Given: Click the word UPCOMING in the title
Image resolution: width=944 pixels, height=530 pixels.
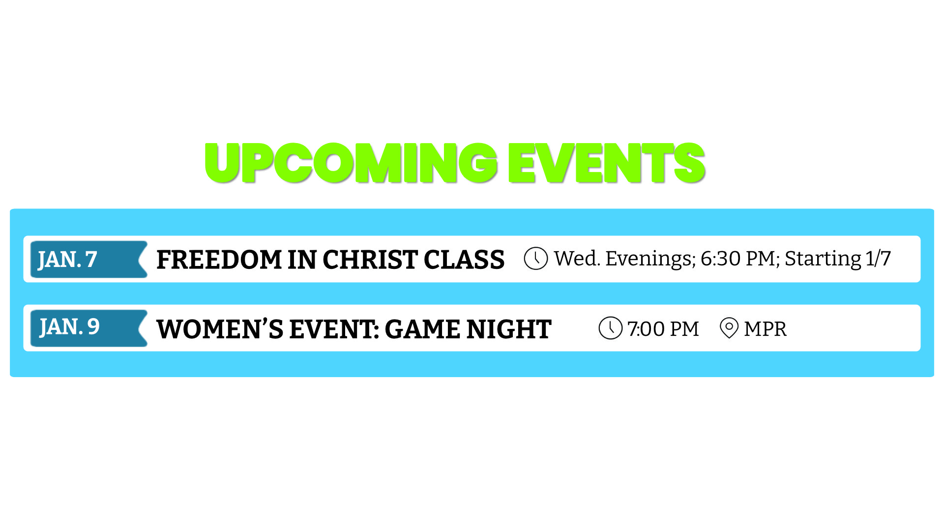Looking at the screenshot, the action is coord(352,163).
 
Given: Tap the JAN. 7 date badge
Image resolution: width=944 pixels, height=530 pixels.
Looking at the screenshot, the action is coord(88,259).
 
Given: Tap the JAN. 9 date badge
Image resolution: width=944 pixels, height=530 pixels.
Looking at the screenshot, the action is coord(88,328).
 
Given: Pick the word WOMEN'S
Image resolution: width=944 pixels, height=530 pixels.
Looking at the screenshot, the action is coord(220,329).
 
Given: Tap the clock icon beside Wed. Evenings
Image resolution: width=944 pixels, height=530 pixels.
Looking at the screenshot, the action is coord(536,258).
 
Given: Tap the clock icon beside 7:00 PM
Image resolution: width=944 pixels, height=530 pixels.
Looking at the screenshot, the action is coord(611,328).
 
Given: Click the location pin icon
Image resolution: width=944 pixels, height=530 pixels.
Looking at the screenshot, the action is coord(729,328).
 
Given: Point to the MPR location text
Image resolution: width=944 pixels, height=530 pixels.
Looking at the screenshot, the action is coord(765,329).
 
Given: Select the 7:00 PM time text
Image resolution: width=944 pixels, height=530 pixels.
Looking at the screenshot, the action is coord(663,329).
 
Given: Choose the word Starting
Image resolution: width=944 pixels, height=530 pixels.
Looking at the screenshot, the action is coord(823,259).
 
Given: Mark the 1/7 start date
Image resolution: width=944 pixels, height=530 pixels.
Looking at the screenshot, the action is coord(878,259).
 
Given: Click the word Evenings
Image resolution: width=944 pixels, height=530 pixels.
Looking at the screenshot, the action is coord(650,259).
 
